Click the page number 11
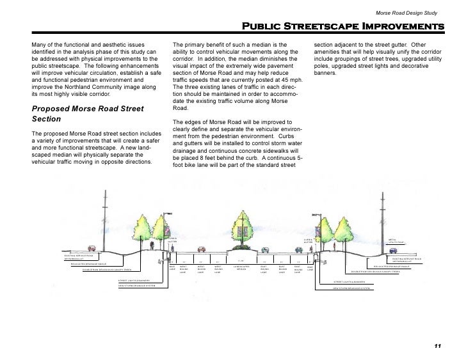(438, 346)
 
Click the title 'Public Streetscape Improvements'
(342, 27)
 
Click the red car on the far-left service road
(93, 248)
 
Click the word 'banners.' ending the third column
(326, 72)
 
